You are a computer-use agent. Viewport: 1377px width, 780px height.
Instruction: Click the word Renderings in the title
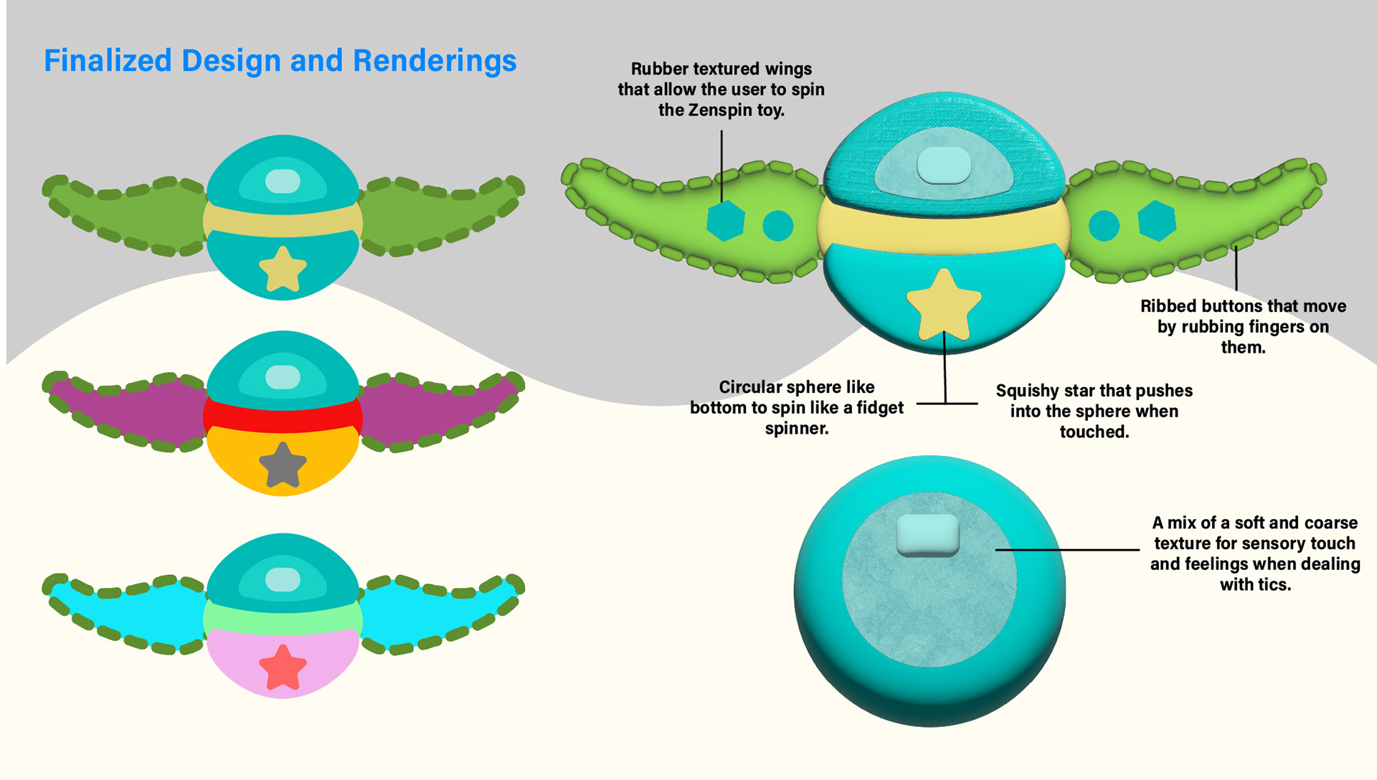(x=435, y=61)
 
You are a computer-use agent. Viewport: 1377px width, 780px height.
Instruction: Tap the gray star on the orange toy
(x=283, y=465)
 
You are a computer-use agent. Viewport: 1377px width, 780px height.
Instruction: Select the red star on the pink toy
(x=283, y=667)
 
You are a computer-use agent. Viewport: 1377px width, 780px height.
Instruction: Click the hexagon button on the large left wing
(x=725, y=221)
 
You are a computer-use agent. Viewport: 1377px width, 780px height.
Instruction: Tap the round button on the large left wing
(x=777, y=226)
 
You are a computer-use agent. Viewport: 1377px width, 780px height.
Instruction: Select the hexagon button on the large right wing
(x=1157, y=221)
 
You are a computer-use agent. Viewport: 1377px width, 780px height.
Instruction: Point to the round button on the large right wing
(x=1104, y=226)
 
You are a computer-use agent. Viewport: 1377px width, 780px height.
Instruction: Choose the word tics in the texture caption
(x=1274, y=585)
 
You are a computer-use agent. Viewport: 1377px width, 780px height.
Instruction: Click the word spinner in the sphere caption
(x=796, y=429)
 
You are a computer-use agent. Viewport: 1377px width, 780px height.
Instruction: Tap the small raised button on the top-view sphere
(x=928, y=535)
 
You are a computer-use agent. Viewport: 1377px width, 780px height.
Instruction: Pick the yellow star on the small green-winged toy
(x=283, y=270)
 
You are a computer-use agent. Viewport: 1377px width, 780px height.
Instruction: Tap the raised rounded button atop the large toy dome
(x=944, y=165)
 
